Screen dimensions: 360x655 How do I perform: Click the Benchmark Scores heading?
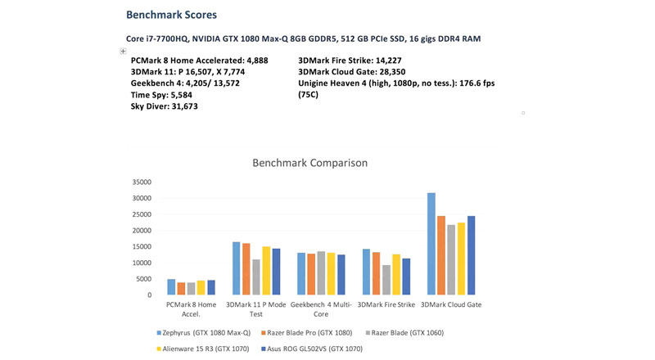coord(171,15)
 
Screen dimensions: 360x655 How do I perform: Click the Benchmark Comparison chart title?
coord(309,163)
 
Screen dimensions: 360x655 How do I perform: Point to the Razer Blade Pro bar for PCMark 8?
coord(181,289)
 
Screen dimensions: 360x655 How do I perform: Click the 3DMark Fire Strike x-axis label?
coord(386,305)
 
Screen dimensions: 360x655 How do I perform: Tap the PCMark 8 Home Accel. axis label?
coord(192,309)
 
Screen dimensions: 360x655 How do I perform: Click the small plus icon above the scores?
coord(123,51)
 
